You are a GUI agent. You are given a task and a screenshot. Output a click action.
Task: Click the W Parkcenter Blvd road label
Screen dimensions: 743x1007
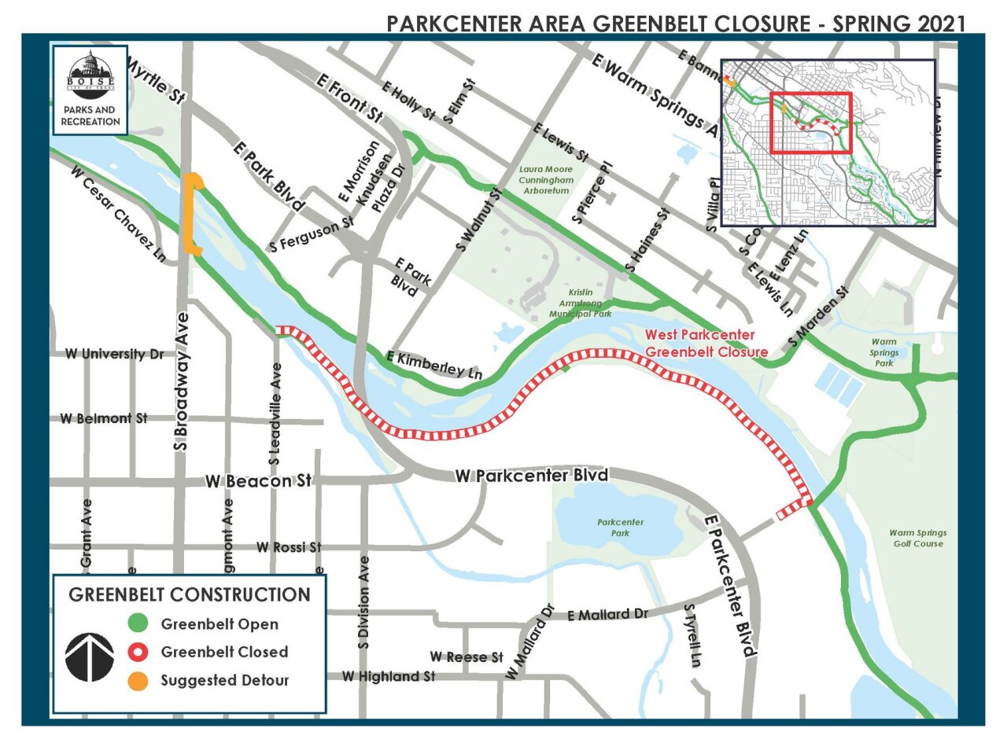[x=532, y=476]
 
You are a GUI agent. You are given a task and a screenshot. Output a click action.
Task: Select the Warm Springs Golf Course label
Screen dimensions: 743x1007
[x=917, y=538]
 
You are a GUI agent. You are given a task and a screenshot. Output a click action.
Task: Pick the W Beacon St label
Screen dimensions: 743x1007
[x=259, y=480]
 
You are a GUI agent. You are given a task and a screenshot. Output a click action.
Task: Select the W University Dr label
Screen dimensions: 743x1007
[x=115, y=355]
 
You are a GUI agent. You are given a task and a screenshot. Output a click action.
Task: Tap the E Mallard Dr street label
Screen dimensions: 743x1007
[x=607, y=614]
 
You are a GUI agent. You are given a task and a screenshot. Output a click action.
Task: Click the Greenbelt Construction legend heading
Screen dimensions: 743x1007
[x=190, y=594]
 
